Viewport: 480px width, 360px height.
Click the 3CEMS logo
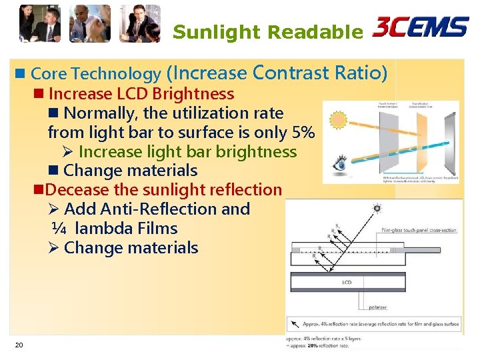[420, 27]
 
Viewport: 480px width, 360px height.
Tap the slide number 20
[19, 345]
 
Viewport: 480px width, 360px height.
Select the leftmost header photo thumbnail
[39, 23]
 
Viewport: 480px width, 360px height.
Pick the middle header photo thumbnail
[90, 23]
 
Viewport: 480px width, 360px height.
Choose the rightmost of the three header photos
[140, 23]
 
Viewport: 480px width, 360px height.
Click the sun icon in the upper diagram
[339, 120]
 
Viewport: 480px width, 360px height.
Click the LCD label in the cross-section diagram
[347, 283]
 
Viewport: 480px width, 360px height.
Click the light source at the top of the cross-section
[377, 209]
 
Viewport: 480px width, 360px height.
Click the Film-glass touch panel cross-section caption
[419, 231]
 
